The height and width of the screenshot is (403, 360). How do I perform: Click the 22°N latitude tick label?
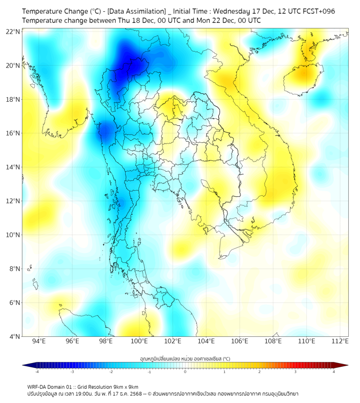coord(13,32)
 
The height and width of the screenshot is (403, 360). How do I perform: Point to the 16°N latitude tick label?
coord(13,133)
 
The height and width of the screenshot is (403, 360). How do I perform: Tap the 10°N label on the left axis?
coord(13,235)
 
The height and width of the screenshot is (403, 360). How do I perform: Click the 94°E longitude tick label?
coord(39,342)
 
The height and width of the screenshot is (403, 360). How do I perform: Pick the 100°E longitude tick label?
coord(139,342)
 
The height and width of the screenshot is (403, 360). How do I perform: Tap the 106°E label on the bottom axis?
coord(240,342)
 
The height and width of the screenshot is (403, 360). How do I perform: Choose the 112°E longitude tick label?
coord(340,342)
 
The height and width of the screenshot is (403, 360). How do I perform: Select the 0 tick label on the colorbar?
coord(185,372)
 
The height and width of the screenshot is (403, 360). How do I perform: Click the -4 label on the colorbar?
coord(37,372)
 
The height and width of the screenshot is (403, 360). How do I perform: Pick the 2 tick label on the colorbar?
coord(259,372)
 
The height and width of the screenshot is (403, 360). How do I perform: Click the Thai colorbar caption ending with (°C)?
coord(185,358)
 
